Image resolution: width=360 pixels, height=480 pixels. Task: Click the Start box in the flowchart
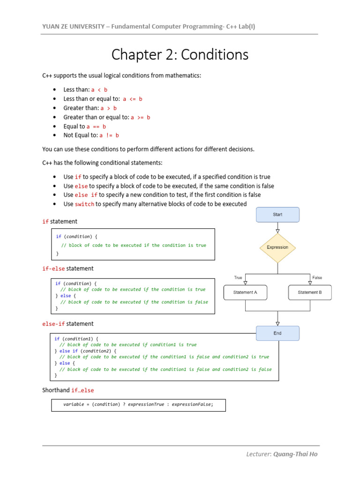coord(277,215)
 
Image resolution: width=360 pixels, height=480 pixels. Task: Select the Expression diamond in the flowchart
coord(277,247)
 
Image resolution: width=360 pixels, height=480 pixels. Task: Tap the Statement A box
coord(245,292)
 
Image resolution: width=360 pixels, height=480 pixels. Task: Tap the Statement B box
coord(310,292)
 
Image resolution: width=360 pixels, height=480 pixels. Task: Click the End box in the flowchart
coord(277,333)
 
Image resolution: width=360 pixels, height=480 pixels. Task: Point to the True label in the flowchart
coord(238,277)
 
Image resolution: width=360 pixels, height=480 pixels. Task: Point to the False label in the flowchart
coord(317,277)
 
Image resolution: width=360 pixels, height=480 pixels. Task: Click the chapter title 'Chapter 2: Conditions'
coord(180,55)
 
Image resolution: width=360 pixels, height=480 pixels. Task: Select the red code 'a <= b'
coord(133,99)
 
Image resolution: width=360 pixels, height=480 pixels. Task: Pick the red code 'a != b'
coord(109,135)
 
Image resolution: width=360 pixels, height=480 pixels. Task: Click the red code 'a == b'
coord(97,127)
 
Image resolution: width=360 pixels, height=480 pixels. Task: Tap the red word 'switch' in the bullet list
coord(84,204)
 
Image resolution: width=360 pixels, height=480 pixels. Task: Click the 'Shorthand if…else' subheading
coord(68,390)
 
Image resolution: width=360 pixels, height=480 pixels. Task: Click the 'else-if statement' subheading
coord(68,324)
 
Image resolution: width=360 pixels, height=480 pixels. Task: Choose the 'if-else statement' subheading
coord(68,269)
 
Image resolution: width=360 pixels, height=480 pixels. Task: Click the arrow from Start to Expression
coord(277,228)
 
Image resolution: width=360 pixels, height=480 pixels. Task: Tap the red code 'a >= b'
coord(141,117)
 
